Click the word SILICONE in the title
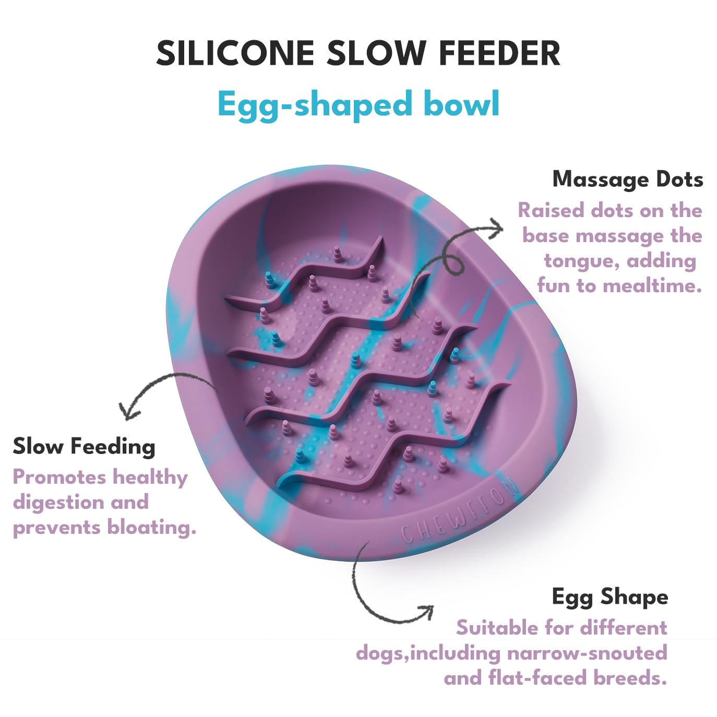point(235,53)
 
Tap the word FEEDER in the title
point(499,53)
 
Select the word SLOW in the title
point(376,53)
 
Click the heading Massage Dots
point(627,179)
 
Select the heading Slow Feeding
point(83,447)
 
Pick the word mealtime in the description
point(652,286)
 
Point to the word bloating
point(152,527)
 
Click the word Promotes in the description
point(59,476)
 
